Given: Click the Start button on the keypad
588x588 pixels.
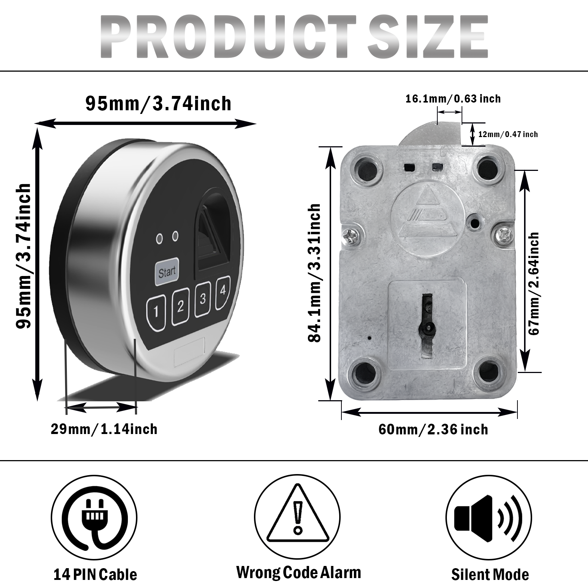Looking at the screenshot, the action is pos(166,273).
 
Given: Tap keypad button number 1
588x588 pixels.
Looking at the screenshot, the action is pos(157,312).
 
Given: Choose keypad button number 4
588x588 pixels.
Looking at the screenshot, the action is pos(223,291).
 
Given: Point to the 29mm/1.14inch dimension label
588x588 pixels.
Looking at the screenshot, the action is pos(104,429).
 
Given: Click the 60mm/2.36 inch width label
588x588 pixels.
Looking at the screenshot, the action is pos(433,429).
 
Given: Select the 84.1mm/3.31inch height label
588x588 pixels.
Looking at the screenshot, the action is pos(315,273).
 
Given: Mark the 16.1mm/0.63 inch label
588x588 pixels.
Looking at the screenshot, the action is pos(453,98).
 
